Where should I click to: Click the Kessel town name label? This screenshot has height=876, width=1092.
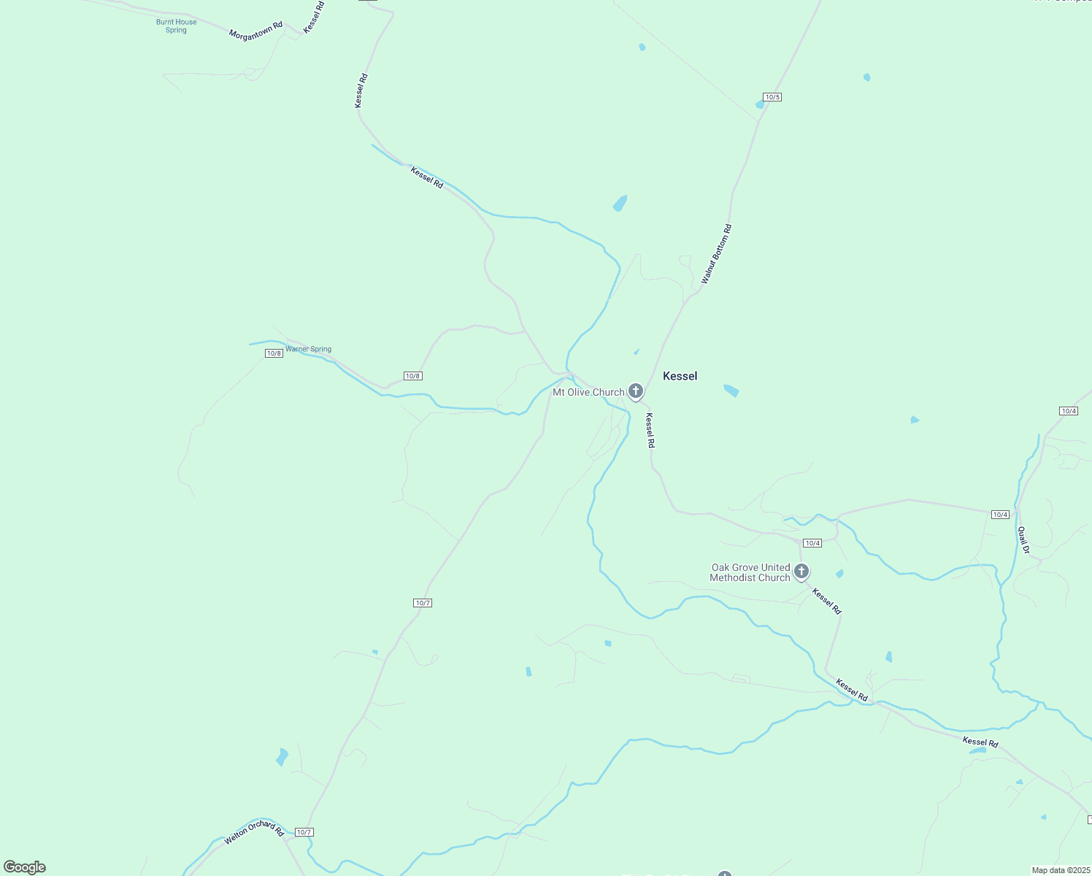click(680, 376)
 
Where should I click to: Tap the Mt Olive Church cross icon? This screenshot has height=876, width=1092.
click(636, 391)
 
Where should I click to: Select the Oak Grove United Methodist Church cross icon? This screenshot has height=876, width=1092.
click(801, 572)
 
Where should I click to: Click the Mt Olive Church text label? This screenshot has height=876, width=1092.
click(588, 392)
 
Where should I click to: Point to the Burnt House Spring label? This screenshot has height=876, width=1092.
click(176, 26)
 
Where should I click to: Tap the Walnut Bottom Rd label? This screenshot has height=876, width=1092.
click(716, 254)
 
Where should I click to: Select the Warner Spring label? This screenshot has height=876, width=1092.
click(308, 349)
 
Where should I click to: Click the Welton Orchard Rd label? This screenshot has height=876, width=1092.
click(253, 832)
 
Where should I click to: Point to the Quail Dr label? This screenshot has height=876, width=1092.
click(1023, 540)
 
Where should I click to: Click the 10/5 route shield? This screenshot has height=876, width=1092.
click(772, 97)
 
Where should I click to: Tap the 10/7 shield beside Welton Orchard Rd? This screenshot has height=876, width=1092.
click(304, 832)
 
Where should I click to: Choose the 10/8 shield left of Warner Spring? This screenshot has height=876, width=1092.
click(274, 353)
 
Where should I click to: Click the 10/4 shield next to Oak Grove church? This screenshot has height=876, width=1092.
click(812, 543)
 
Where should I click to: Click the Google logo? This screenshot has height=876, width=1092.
click(25, 867)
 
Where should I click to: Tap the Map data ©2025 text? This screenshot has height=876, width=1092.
click(1060, 870)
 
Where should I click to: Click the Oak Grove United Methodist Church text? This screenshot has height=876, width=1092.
click(750, 572)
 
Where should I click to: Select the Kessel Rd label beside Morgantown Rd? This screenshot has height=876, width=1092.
click(314, 16)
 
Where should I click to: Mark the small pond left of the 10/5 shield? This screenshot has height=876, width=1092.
click(760, 105)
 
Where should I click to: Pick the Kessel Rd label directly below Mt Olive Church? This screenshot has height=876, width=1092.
click(650, 430)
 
